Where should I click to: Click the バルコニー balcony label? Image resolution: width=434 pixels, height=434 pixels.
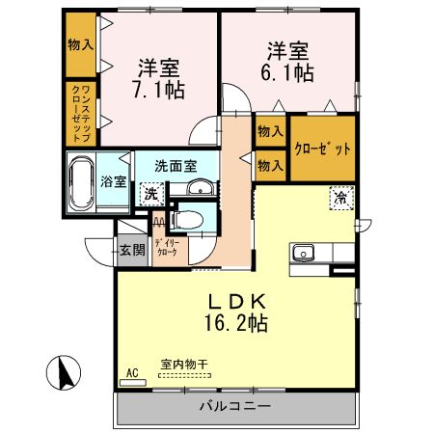click(x=235, y=405)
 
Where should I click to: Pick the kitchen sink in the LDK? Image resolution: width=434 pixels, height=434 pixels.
click(x=302, y=254)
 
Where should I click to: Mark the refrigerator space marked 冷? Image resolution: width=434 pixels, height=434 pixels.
click(x=341, y=196)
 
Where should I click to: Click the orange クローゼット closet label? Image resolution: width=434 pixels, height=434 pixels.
click(x=323, y=149)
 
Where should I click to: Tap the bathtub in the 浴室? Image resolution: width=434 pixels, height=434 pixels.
click(x=80, y=182)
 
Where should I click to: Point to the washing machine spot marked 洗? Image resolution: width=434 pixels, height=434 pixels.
click(x=150, y=192)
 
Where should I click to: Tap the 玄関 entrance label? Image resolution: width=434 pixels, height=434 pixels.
click(x=132, y=251)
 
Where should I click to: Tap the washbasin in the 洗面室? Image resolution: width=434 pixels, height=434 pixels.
click(x=200, y=188)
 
